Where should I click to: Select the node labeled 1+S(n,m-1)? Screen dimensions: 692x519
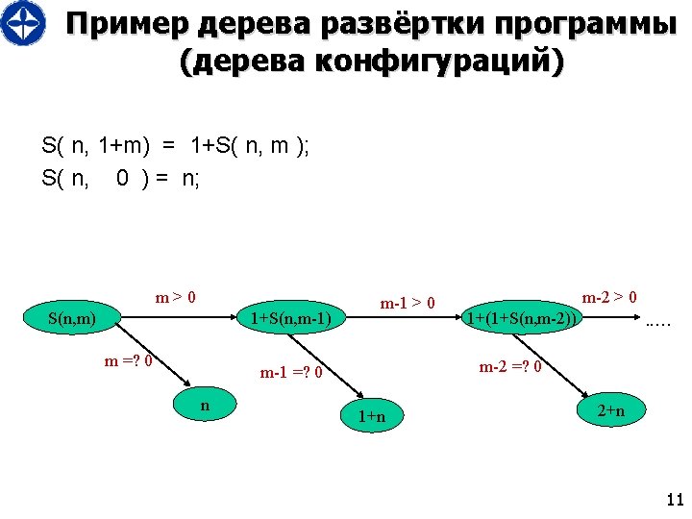pyautogui.click(x=290, y=318)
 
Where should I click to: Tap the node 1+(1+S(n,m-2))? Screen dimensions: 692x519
pyautogui.click(x=522, y=318)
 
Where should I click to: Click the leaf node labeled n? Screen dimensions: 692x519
pyautogui.click(x=205, y=407)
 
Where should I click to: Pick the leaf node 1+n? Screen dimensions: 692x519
pyautogui.click(x=372, y=416)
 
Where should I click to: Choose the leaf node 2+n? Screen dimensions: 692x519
pyautogui.click(x=611, y=411)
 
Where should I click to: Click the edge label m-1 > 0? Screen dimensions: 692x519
pyautogui.click(x=408, y=304)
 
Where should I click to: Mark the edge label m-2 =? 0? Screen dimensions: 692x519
pyautogui.click(x=510, y=366)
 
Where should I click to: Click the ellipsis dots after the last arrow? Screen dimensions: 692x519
pyautogui.click(x=657, y=324)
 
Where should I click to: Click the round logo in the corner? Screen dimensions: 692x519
pyautogui.click(x=22, y=24)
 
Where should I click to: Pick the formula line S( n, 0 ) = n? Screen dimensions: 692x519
pyautogui.click(x=121, y=178)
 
